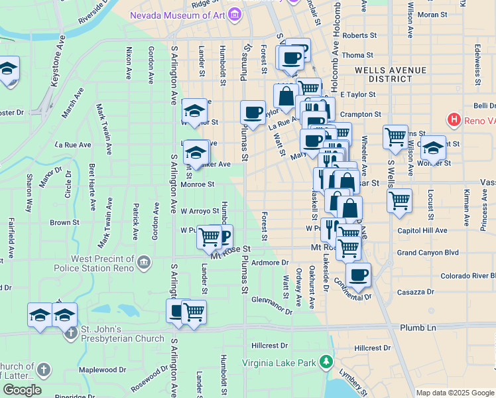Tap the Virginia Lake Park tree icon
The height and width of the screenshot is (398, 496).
pos(326,362)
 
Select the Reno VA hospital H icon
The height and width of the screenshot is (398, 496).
pos(454,120)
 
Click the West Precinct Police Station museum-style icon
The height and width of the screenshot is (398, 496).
pos(143,264)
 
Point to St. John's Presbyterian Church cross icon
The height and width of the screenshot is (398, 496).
pos(72,332)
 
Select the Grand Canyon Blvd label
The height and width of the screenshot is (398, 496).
pos(428,253)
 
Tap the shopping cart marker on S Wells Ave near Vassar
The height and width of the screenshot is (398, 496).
pos(399,200)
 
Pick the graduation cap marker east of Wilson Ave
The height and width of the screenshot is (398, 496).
pos(434,148)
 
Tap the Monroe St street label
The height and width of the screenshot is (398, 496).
pos(198,184)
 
